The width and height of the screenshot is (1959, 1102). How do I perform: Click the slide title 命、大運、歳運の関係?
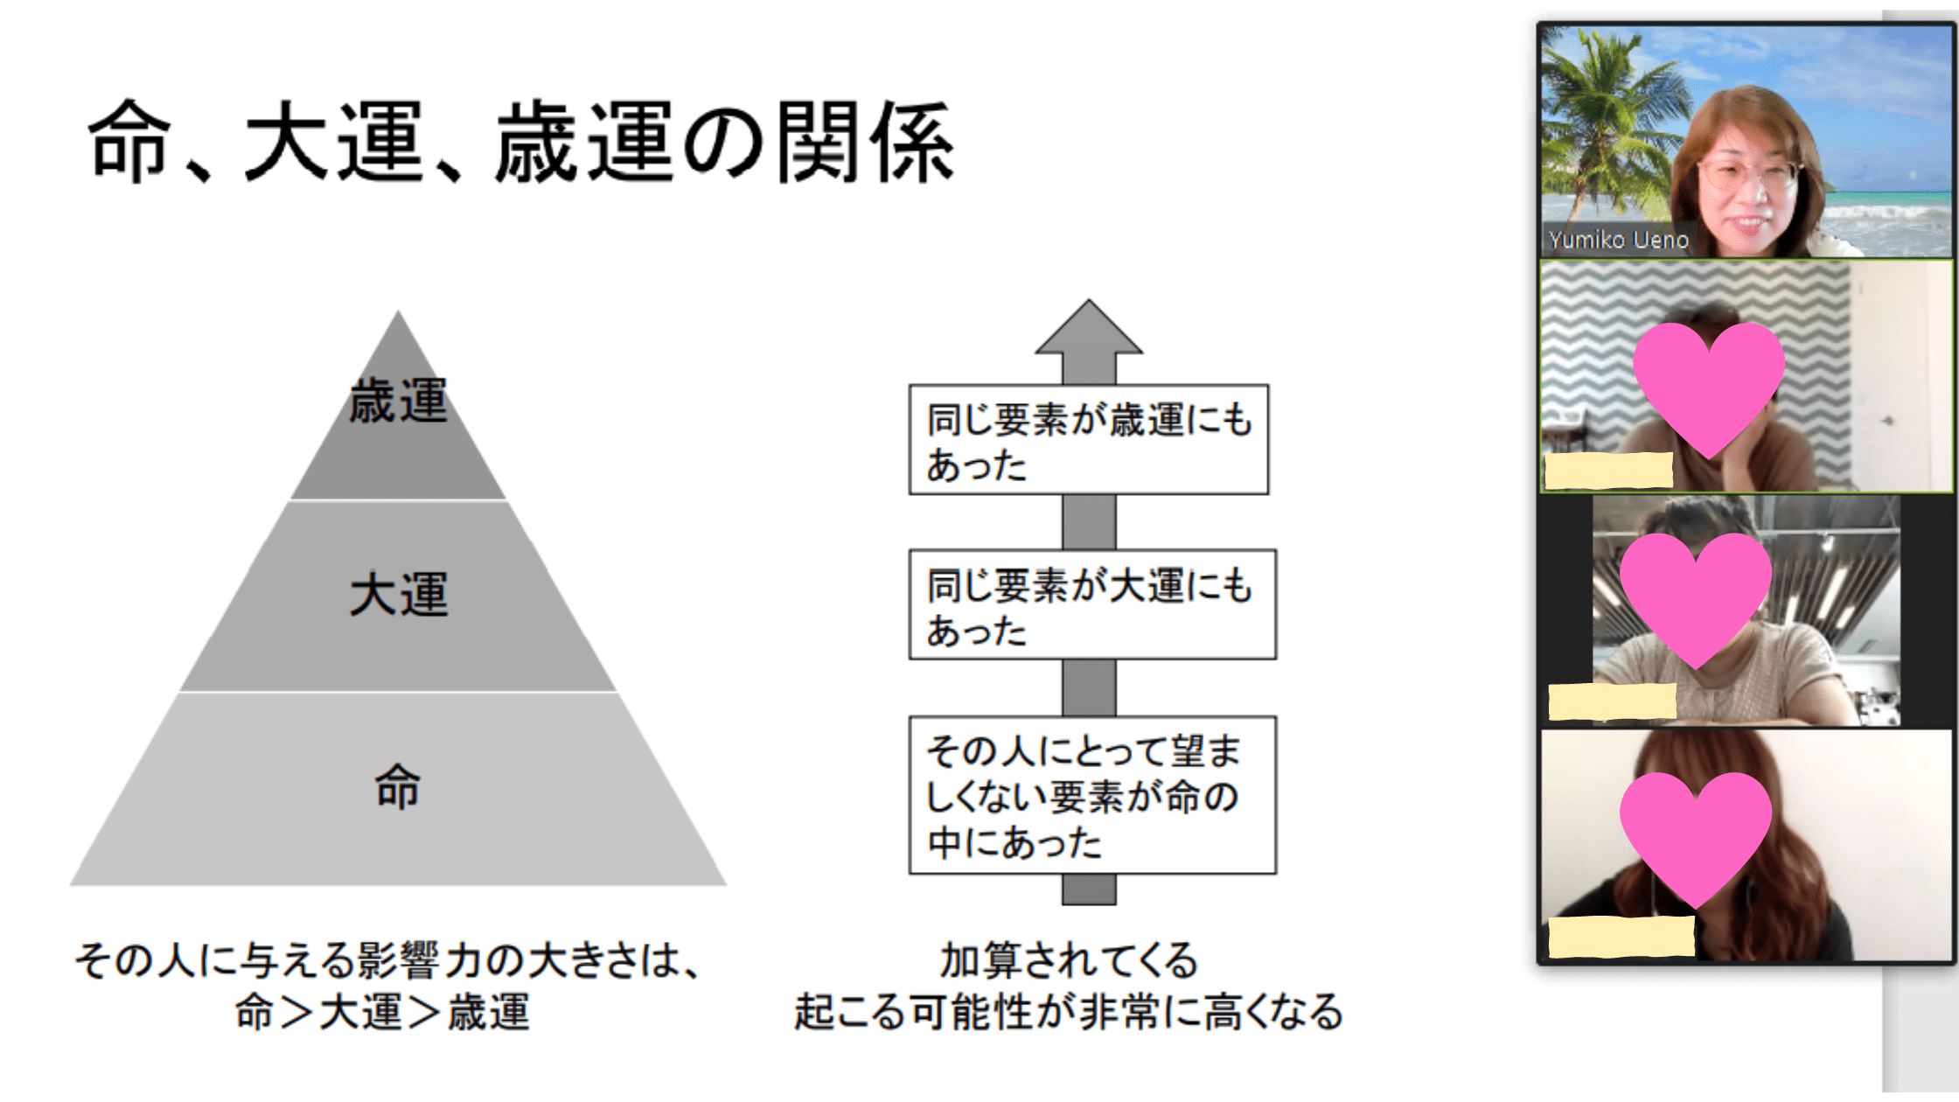click(x=521, y=142)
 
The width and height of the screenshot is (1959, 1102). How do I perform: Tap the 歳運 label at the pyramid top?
click(x=399, y=401)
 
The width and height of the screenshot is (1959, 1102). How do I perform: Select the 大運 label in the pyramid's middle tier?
click(x=399, y=595)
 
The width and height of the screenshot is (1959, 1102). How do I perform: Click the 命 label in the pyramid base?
click(x=398, y=786)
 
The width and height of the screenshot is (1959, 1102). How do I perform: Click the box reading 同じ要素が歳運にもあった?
click(x=1089, y=440)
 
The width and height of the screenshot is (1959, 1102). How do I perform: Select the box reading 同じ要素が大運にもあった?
click(x=1092, y=604)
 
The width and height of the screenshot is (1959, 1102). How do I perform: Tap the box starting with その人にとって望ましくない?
click(x=1092, y=795)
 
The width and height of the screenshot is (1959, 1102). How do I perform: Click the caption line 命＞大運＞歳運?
click(x=382, y=1012)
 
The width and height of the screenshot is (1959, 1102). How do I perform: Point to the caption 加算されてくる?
click(x=1069, y=960)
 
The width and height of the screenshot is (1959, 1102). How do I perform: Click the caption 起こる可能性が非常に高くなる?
click(x=1068, y=1012)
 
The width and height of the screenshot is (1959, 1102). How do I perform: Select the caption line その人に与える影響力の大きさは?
click(x=389, y=960)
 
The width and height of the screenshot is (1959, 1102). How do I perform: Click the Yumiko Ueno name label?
click(x=1619, y=240)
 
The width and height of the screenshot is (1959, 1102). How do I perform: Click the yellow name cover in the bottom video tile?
click(x=1621, y=937)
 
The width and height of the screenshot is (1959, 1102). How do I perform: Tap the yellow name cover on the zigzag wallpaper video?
click(x=1609, y=471)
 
